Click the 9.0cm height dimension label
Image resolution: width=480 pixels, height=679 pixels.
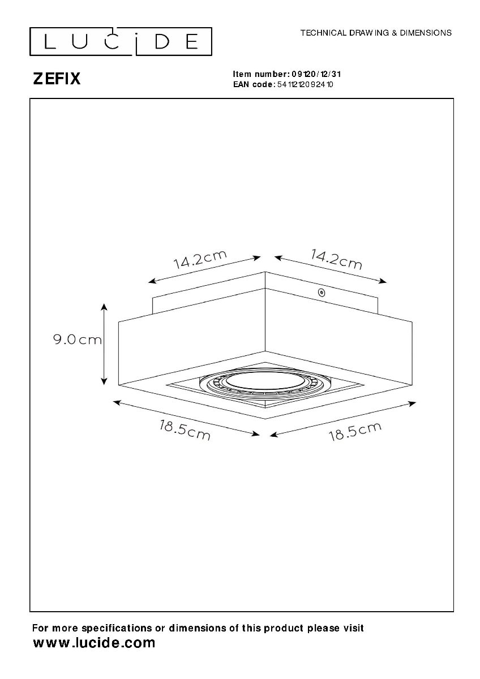[78, 340]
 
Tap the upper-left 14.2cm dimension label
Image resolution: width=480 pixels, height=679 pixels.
[200, 260]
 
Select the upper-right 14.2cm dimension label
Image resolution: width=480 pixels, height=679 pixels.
[336, 259]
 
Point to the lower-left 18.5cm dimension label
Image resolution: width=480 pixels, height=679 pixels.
[185, 430]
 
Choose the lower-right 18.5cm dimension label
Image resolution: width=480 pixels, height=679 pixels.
[355, 431]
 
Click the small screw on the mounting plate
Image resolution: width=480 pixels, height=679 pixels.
[321, 293]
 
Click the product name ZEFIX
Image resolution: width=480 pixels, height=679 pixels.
[57, 79]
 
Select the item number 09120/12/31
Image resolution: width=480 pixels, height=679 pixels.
[316, 74]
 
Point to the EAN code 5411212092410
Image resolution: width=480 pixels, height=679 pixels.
[305, 84]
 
